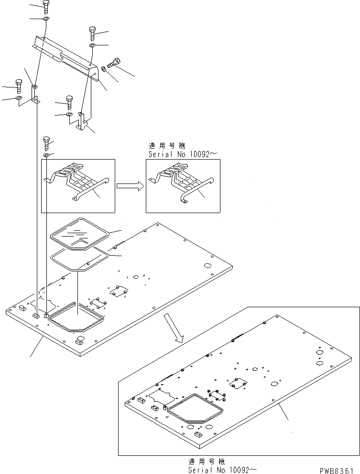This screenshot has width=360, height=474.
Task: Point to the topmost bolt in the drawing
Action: (45, 7)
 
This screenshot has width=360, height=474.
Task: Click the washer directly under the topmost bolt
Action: (45, 19)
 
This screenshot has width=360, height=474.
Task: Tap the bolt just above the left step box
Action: (46, 142)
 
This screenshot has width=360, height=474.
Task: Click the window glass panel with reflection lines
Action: (79, 233)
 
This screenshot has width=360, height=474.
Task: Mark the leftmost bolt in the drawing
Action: (19, 85)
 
